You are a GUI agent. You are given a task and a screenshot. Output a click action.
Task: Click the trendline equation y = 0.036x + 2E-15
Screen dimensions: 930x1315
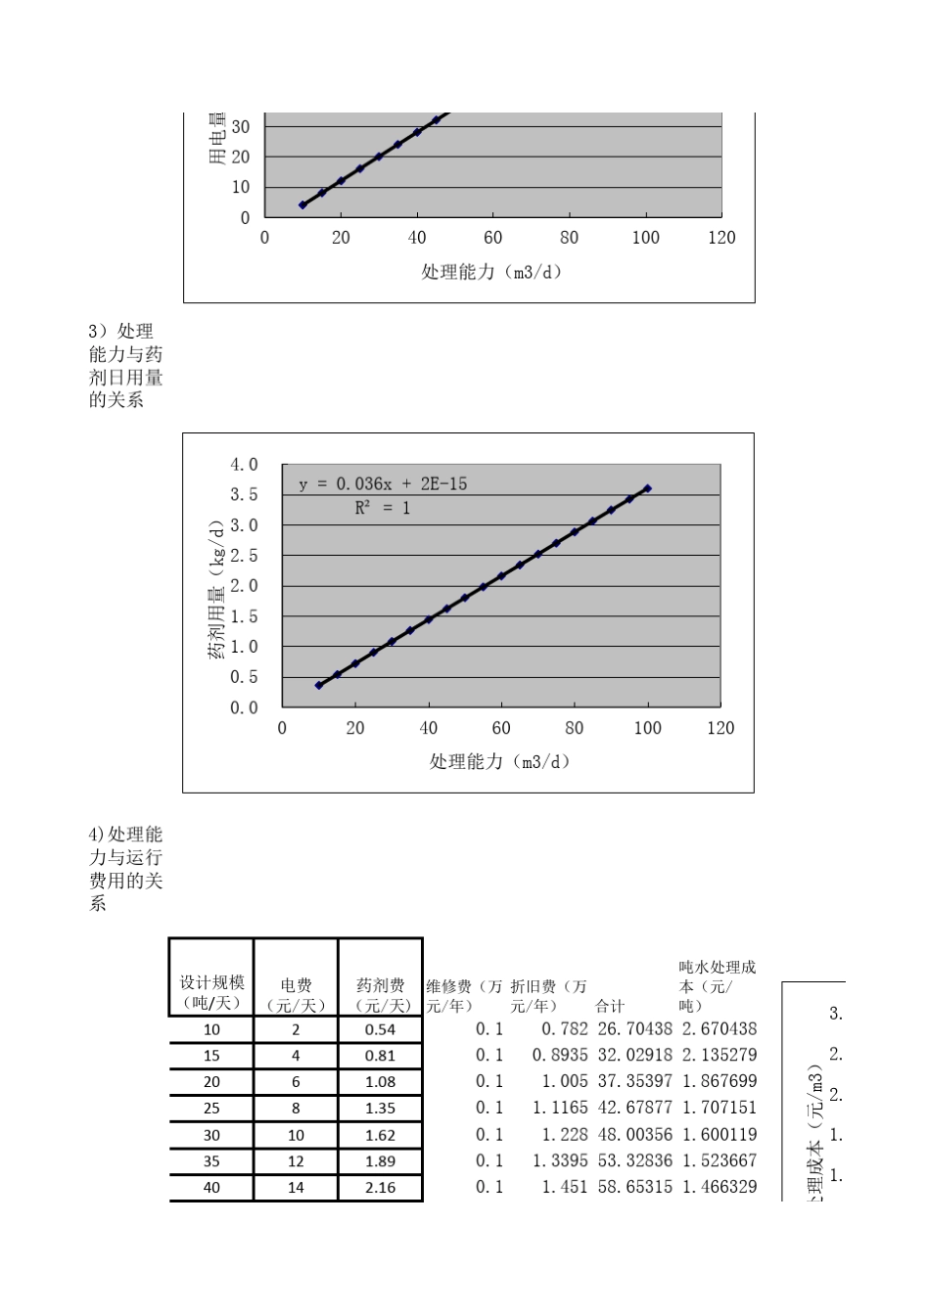point(383,483)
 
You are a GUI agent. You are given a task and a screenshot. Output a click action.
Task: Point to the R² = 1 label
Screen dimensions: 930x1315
point(383,508)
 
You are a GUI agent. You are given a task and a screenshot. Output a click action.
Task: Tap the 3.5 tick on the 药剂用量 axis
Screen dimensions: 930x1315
point(244,495)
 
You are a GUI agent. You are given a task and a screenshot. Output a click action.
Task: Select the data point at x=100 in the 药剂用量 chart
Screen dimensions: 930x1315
point(647,488)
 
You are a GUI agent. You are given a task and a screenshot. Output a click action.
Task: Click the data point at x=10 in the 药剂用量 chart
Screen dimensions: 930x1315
point(319,685)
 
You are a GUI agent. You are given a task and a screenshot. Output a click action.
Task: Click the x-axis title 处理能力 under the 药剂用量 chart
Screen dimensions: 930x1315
point(499,761)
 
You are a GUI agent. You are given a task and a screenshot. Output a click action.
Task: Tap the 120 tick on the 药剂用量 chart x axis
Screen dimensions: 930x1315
point(721,728)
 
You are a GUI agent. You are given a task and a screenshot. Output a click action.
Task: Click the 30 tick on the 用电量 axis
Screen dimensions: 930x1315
point(240,127)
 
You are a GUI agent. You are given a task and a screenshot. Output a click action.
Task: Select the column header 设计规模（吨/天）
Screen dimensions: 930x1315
point(211,993)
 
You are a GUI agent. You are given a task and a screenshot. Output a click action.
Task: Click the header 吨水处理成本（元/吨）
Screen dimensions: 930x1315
point(718,985)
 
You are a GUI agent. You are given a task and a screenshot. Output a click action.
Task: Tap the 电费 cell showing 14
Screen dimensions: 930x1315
point(296,1188)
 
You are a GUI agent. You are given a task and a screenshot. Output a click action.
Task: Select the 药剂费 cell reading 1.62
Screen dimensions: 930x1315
point(380,1135)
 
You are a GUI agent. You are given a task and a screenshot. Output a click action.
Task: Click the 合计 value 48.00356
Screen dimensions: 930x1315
point(634,1135)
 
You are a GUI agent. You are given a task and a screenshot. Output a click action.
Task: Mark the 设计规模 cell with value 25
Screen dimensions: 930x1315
point(211,1109)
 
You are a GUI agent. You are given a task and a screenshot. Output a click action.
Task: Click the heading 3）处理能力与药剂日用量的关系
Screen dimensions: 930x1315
point(125,366)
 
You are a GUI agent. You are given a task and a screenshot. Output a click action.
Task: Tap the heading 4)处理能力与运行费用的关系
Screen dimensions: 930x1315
point(125,869)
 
